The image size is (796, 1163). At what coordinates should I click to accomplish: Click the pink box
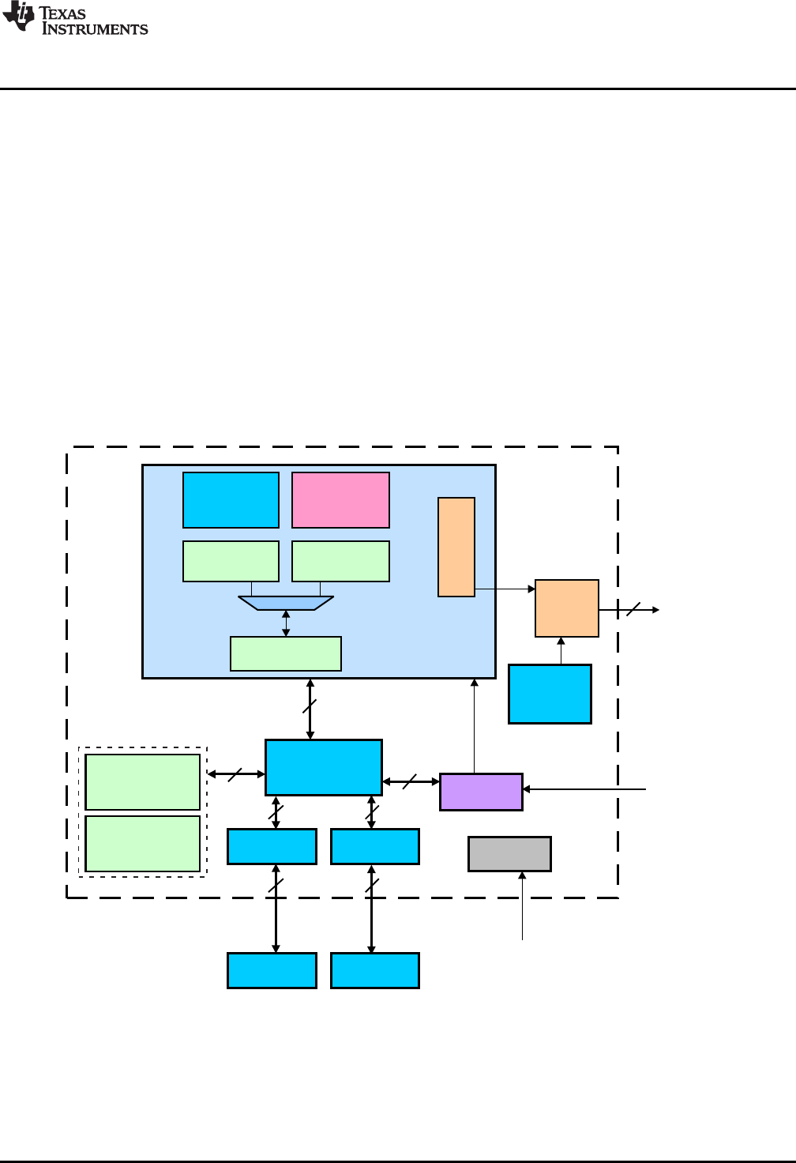[x=340, y=500]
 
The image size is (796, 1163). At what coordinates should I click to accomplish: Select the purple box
[x=481, y=792]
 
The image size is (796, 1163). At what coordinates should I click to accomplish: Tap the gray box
[x=509, y=854]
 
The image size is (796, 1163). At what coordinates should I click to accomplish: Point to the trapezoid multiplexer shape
[x=286, y=603]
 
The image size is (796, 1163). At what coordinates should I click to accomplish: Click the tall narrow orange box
[x=456, y=547]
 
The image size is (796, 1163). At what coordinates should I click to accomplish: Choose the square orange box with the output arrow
[x=567, y=608]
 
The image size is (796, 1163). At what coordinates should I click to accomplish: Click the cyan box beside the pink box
[x=231, y=500]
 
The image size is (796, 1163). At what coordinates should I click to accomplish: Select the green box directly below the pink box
[x=340, y=561]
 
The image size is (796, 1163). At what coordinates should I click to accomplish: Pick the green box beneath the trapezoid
[x=286, y=653]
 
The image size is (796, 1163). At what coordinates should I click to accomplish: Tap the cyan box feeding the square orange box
[x=550, y=694]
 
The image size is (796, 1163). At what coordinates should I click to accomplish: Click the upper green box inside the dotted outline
[x=142, y=782]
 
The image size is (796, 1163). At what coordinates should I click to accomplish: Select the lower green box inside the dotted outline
[x=142, y=844]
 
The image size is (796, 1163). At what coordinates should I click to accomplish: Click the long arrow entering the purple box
[x=584, y=789]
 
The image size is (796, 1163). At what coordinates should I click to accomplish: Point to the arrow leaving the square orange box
[x=629, y=610]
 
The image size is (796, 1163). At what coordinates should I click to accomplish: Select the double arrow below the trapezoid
[x=286, y=623]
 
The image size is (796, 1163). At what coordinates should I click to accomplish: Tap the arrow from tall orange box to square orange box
[x=505, y=589]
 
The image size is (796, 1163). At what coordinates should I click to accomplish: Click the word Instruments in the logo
[x=95, y=29]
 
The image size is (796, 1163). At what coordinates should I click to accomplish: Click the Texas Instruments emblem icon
[x=18, y=17]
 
